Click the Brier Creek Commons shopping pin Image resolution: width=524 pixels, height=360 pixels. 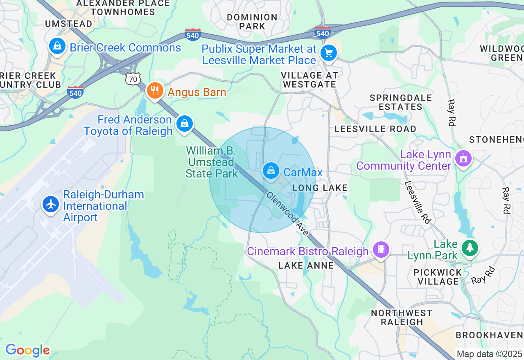pyautogui.click(x=58, y=46)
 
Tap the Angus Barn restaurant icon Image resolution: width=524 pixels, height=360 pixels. pyautogui.click(x=154, y=91)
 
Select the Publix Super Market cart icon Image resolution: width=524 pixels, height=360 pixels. pyautogui.click(x=328, y=53)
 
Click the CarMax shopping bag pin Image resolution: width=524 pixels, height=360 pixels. pyautogui.click(x=271, y=171)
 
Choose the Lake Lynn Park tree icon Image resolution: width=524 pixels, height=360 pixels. pyautogui.click(x=470, y=248)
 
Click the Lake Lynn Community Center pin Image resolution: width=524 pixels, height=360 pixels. pyautogui.click(x=463, y=158)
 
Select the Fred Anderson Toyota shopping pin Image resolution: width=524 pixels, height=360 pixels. pyautogui.click(x=185, y=123)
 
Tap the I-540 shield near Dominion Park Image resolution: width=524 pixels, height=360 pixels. pyautogui.click(x=192, y=34)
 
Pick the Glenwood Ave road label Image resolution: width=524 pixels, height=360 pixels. pyautogui.click(x=288, y=213)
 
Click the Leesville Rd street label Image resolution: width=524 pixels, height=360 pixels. pyautogui.click(x=418, y=202)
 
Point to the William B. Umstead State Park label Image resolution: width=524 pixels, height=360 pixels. pyautogui.click(x=211, y=162)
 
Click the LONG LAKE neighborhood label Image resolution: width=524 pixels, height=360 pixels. pyautogui.click(x=320, y=188)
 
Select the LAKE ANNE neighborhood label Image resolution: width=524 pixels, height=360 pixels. pyautogui.click(x=306, y=265)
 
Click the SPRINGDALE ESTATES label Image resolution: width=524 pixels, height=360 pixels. pyautogui.click(x=401, y=102)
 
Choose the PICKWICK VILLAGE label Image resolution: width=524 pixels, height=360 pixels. pyautogui.click(x=438, y=277)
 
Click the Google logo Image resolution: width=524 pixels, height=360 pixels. pyautogui.click(x=27, y=350)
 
